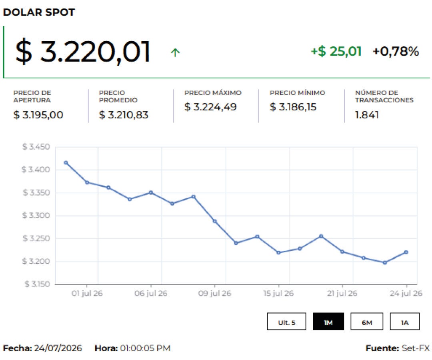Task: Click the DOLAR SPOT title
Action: click(39, 12)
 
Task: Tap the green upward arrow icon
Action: click(175, 52)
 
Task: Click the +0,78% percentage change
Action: click(396, 52)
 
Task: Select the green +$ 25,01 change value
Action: click(336, 52)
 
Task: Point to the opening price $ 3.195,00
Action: click(38, 114)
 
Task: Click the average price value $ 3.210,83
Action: click(124, 114)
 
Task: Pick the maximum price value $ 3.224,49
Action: click(210, 107)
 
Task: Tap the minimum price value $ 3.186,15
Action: click(293, 107)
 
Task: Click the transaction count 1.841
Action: click(367, 115)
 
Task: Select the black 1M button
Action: click(328, 321)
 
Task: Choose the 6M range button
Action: click(367, 321)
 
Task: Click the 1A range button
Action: click(405, 321)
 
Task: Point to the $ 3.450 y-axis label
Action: click(36, 147)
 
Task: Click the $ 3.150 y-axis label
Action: click(37, 284)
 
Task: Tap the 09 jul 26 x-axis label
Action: click(215, 293)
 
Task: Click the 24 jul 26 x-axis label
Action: click(406, 293)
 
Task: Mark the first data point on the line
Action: click(66, 163)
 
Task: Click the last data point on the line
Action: click(406, 252)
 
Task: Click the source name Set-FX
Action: click(416, 348)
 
